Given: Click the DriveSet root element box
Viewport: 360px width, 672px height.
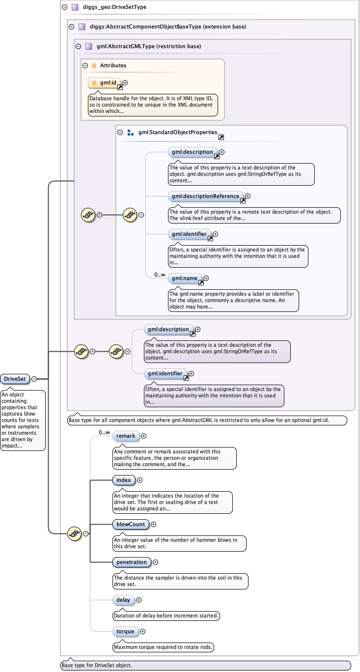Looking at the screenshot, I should click(x=15, y=379).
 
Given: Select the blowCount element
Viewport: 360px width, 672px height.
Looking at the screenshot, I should click(x=131, y=524).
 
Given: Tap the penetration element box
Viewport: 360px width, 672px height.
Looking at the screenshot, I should click(x=131, y=562).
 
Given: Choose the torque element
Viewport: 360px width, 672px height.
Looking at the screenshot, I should click(x=125, y=631).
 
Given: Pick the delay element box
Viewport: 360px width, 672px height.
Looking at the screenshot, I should click(x=123, y=600).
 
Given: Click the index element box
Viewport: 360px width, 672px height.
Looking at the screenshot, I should click(x=124, y=480).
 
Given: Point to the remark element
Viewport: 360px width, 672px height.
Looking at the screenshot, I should click(x=125, y=436).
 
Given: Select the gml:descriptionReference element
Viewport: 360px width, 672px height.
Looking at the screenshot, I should click(x=206, y=196).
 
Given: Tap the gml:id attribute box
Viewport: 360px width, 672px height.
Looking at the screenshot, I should click(x=105, y=83).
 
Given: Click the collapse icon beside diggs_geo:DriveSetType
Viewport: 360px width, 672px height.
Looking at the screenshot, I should click(x=64, y=7).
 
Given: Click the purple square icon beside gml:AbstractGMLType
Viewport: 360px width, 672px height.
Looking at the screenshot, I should click(x=88, y=47).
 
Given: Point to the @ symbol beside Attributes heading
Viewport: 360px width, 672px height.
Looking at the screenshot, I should click(x=94, y=65).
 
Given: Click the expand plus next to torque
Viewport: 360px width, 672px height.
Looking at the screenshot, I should click(x=143, y=631).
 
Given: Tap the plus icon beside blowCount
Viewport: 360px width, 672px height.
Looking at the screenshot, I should click(x=153, y=524).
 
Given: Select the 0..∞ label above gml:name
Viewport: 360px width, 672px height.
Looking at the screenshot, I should click(x=159, y=275).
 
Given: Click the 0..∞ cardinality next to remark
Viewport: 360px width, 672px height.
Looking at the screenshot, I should click(x=104, y=432).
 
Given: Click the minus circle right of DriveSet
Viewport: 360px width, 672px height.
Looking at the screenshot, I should click(x=34, y=379).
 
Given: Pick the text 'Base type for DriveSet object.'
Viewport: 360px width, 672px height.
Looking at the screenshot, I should click(x=96, y=666).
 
